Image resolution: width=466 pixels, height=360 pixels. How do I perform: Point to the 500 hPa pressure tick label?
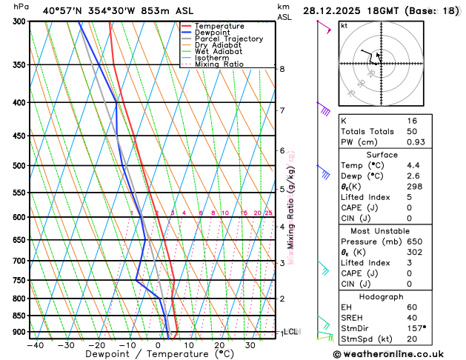[17, 166]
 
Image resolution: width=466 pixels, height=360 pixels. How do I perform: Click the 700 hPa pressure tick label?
[17, 261]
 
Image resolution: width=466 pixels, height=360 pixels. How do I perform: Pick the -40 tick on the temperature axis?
[35, 344]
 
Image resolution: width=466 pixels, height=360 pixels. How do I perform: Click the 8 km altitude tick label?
[282, 69]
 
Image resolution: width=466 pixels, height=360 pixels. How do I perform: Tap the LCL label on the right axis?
[290, 332]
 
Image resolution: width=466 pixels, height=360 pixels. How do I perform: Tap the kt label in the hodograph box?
[344, 25]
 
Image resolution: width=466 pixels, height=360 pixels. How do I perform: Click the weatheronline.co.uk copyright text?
[399, 354]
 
